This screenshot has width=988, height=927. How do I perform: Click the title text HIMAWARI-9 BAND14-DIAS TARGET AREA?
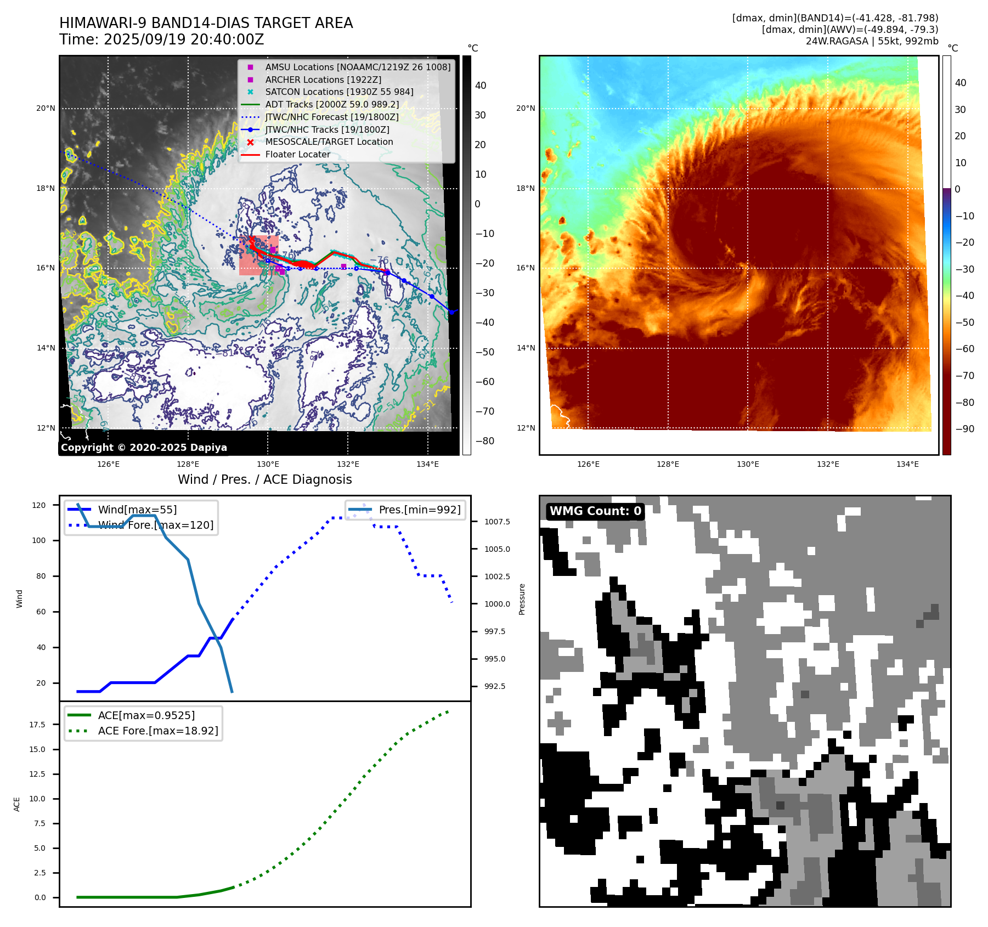[206, 23]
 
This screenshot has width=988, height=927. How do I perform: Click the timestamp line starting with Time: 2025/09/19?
[161, 39]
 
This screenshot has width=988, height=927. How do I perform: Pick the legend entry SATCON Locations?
[338, 92]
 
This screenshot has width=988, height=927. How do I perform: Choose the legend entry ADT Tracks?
[331, 104]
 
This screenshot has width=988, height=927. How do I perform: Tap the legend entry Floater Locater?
[297, 154]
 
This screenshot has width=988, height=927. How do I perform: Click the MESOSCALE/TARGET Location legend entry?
[329, 142]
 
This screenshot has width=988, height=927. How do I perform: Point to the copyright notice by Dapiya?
[144, 447]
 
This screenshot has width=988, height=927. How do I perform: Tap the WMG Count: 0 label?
[595, 511]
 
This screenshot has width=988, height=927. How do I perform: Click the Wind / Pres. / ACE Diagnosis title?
[264, 479]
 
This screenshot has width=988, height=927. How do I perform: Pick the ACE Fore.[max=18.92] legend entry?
[157, 731]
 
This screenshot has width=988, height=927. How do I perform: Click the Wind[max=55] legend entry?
[137, 510]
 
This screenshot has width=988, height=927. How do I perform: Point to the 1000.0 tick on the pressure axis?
[496, 604]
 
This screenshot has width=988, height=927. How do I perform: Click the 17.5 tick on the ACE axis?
[37, 725]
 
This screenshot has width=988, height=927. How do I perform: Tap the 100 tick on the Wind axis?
[39, 540]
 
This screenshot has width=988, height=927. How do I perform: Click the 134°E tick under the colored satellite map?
[907, 464]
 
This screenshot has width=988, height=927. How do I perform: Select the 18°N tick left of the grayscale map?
[46, 188]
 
